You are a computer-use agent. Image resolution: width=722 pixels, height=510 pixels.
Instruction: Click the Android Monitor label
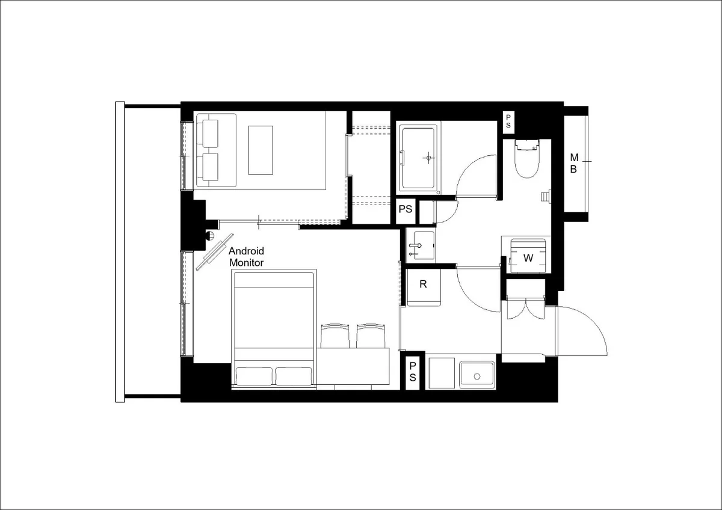(x=246, y=257)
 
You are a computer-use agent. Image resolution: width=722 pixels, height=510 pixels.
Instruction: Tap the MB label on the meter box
(x=574, y=164)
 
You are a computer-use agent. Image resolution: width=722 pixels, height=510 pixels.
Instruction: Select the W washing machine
(x=528, y=256)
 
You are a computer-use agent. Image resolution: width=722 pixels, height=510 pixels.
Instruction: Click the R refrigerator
(x=424, y=287)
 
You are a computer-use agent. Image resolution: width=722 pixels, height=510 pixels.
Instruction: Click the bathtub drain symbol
(x=428, y=158)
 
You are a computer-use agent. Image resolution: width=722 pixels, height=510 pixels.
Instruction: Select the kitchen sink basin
(x=477, y=375)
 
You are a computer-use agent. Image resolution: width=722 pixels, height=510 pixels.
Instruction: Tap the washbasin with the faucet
(x=421, y=246)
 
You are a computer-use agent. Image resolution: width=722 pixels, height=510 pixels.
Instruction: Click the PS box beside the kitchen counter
(x=413, y=372)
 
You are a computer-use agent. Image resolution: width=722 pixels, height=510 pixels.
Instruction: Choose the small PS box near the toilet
(x=508, y=121)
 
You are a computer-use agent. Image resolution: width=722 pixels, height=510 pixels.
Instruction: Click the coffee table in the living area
(x=261, y=150)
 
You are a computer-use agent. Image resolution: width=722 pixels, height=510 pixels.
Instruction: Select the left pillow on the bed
(x=254, y=376)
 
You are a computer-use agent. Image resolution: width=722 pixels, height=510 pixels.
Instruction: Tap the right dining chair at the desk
(x=371, y=336)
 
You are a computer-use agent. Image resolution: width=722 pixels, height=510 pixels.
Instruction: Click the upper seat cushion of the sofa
(x=209, y=134)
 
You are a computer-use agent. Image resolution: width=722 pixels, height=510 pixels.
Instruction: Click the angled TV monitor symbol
(x=215, y=252)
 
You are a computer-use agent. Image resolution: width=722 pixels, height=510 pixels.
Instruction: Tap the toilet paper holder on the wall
(x=546, y=197)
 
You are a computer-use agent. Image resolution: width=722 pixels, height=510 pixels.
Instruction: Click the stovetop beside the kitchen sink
(x=442, y=373)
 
